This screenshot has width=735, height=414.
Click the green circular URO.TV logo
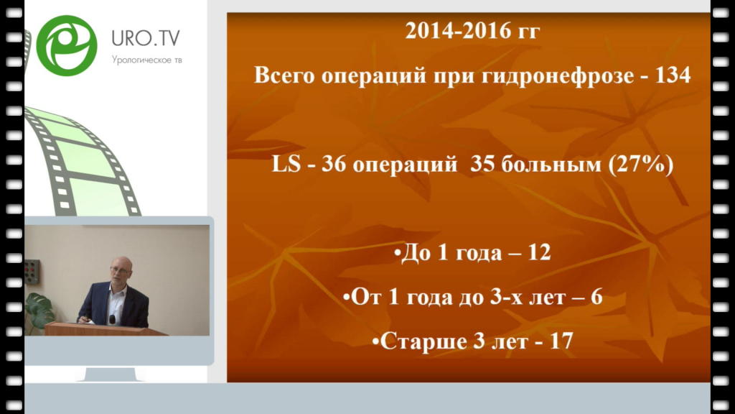tap(67, 45)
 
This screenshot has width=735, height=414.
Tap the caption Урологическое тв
tap(146, 60)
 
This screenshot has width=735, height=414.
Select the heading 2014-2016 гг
tap(472, 31)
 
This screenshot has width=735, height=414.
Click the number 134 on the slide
tap(672, 75)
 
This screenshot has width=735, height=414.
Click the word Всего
tap(284, 75)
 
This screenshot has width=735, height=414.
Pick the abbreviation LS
tap(286, 165)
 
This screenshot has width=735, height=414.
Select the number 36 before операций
tap(334, 165)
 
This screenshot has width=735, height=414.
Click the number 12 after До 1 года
tap(539, 252)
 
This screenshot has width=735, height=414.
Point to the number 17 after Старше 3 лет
tap(561, 341)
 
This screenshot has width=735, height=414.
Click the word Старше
tap(423, 342)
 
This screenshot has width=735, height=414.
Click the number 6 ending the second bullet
tap(596, 297)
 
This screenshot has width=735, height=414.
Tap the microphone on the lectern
tap(113, 320)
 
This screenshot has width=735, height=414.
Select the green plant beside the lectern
tap(39, 312)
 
